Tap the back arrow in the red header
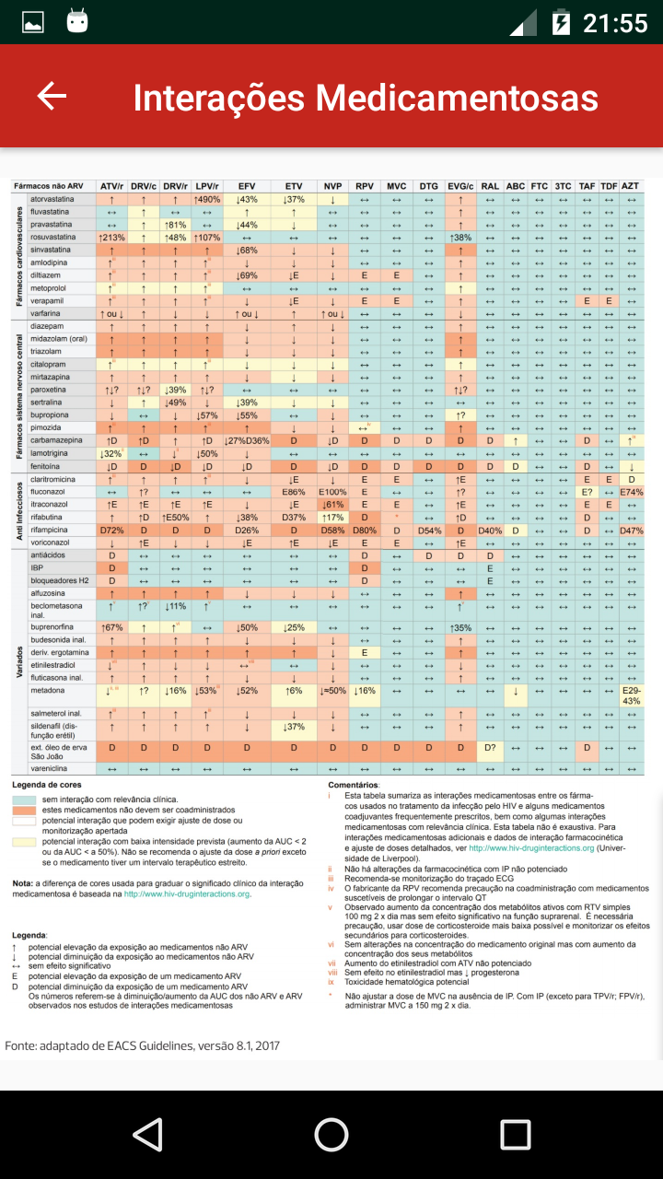[x=52, y=96]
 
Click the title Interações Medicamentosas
[x=366, y=98]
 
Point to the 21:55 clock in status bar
[x=615, y=22]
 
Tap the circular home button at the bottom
[x=331, y=1134]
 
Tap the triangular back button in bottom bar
[x=147, y=1134]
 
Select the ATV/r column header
[x=111, y=186]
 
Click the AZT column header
[x=631, y=186]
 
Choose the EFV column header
[x=247, y=186]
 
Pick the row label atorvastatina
[x=53, y=199]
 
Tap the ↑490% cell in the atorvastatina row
[x=206, y=199]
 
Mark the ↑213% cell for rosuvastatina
[x=111, y=238]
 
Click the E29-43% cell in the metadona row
[x=631, y=695]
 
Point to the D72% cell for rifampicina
[x=111, y=530]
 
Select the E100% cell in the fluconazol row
[x=332, y=492]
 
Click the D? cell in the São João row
[x=490, y=747]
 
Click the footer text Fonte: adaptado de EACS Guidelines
[x=142, y=1045]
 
